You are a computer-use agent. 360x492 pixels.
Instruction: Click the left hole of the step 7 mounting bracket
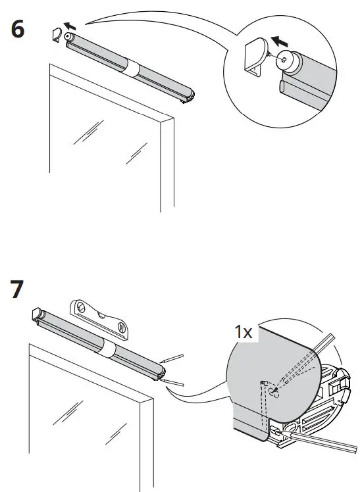pos(81,306)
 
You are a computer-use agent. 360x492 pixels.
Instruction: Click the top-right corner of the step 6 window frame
pos(172,119)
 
